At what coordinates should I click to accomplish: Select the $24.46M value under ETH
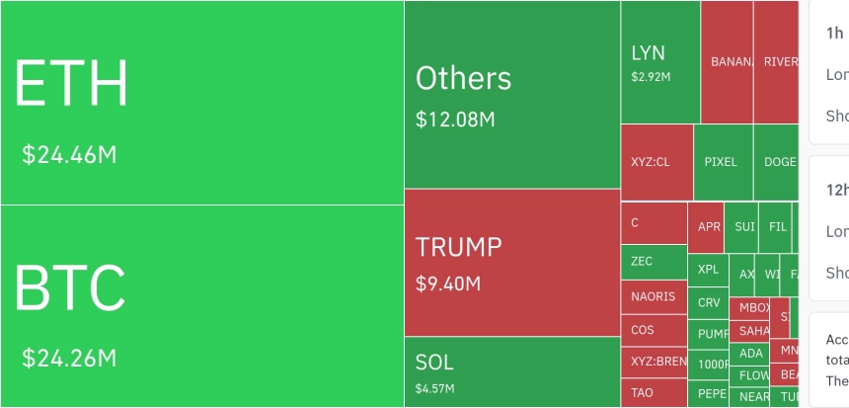[70, 155]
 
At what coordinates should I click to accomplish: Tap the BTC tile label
[70, 287]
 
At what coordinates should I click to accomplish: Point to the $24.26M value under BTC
[70, 357]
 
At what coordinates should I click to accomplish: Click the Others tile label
[463, 78]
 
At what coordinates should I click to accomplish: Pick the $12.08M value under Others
[455, 120]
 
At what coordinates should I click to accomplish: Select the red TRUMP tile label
[458, 247]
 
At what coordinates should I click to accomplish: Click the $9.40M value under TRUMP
[448, 285]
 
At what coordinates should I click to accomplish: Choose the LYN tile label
[648, 52]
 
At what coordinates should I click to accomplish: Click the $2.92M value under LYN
[651, 76]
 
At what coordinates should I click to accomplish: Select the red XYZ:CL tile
[651, 162]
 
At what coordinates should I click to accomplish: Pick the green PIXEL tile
[721, 162]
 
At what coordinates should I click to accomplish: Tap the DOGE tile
[778, 162]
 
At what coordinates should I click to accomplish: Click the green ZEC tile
[642, 262]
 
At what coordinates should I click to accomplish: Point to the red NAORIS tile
[653, 296]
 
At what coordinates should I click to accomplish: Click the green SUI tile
[744, 226]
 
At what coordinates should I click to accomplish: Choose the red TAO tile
[642, 393]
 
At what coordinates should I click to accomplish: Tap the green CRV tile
[709, 303]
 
